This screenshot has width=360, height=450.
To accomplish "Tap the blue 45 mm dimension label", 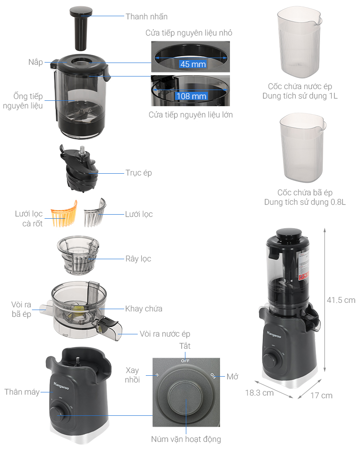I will pos(193,64).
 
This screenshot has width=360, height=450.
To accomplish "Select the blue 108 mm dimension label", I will pos(191,96).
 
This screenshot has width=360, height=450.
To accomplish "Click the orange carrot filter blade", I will pos(64,214).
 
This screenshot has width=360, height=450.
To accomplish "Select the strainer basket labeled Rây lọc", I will pos(78,256).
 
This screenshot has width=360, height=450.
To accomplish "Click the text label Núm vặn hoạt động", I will pos(186,439).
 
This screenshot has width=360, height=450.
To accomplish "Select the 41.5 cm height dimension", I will pos(341,300).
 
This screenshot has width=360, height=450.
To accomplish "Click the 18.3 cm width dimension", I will pos(259,392).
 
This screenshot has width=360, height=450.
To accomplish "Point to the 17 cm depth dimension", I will pos(321,395).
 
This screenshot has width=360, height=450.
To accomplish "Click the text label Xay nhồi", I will pos(132,374).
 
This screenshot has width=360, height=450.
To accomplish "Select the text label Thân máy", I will pos(22,391).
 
